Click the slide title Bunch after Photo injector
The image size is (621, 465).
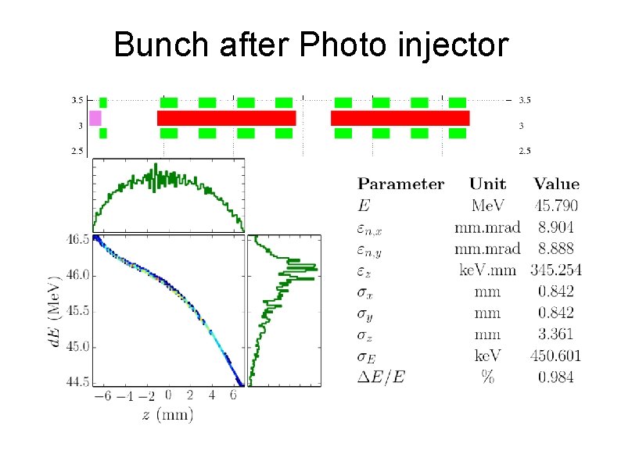[x=310, y=45]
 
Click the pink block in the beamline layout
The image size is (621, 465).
[x=95, y=118]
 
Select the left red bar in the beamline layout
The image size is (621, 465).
[x=226, y=118]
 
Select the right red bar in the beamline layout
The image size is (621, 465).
[x=400, y=118]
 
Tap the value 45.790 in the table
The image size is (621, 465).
[x=555, y=206]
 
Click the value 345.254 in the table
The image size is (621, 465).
[x=555, y=270]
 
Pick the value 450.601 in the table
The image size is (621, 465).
[x=555, y=356]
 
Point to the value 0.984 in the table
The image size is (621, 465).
[x=555, y=377]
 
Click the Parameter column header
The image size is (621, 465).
[x=400, y=185]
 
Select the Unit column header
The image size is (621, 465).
[x=487, y=185]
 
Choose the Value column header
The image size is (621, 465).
[x=556, y=185]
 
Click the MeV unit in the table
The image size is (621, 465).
[x=487, y=206]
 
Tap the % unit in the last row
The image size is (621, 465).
[x=488, y=377]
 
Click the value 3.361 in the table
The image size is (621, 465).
[x=555, y=334]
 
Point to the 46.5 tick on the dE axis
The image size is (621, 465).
[x=77, y=240]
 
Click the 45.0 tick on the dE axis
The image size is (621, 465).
[x=77, y=346]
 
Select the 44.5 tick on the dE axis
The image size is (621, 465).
[x=77, y=381]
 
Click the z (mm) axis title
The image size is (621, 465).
[x=167, y=414]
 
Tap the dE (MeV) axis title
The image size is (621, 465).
[x=56, y=310]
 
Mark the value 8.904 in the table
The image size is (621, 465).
[x=555, y=227]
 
